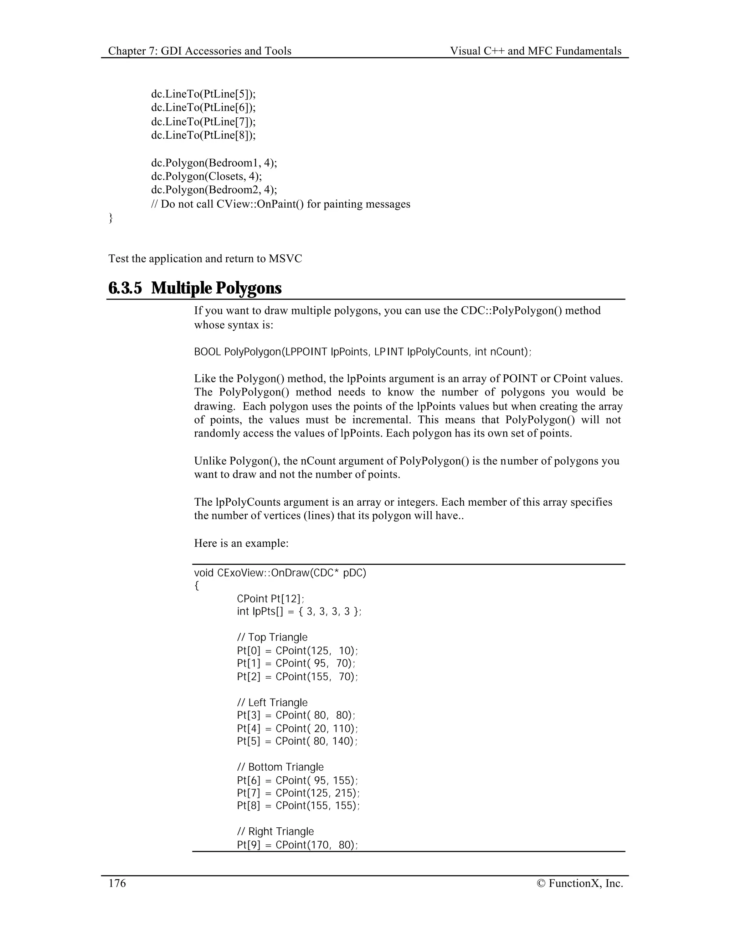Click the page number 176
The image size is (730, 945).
pos(117,883)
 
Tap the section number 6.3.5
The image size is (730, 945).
pos(125,288)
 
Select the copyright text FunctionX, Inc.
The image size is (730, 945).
pos(586,883)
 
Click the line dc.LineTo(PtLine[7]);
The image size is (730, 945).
pos(203,122)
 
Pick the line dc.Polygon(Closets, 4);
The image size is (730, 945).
pos(206,177)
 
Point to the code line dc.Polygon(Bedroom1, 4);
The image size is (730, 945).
pos(214,163)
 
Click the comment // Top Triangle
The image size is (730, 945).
pos(272,637)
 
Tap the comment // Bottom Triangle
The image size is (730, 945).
pos(280,767)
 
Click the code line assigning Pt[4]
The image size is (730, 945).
pos(297,728)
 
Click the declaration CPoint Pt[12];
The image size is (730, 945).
pos(271,599)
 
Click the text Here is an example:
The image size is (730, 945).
pos(241,543)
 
